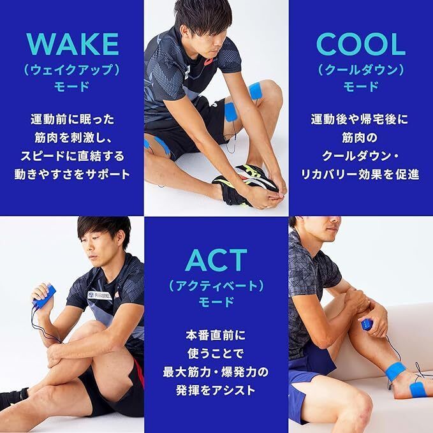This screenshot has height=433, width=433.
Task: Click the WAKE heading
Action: (x=72, y=44)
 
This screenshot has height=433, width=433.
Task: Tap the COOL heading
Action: (x=361, y=44)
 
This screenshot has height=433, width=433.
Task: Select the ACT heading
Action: (x=216, y=260)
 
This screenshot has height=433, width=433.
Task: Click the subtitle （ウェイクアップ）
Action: (x=72, y=68)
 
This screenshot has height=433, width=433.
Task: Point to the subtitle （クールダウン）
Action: (x=361, y=68)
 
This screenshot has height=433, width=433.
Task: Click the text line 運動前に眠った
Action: (x=72, y=119)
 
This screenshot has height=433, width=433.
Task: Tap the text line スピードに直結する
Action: (x=72, y=155)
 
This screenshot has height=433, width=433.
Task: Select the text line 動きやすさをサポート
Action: (x=72, y=173)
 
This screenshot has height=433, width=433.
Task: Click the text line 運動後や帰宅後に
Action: (x=361, y=119)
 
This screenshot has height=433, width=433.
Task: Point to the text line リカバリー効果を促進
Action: (x=361, y=173)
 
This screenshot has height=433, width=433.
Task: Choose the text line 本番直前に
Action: (x=216, y=334)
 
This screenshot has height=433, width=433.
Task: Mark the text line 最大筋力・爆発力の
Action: (x=216, y=371)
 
